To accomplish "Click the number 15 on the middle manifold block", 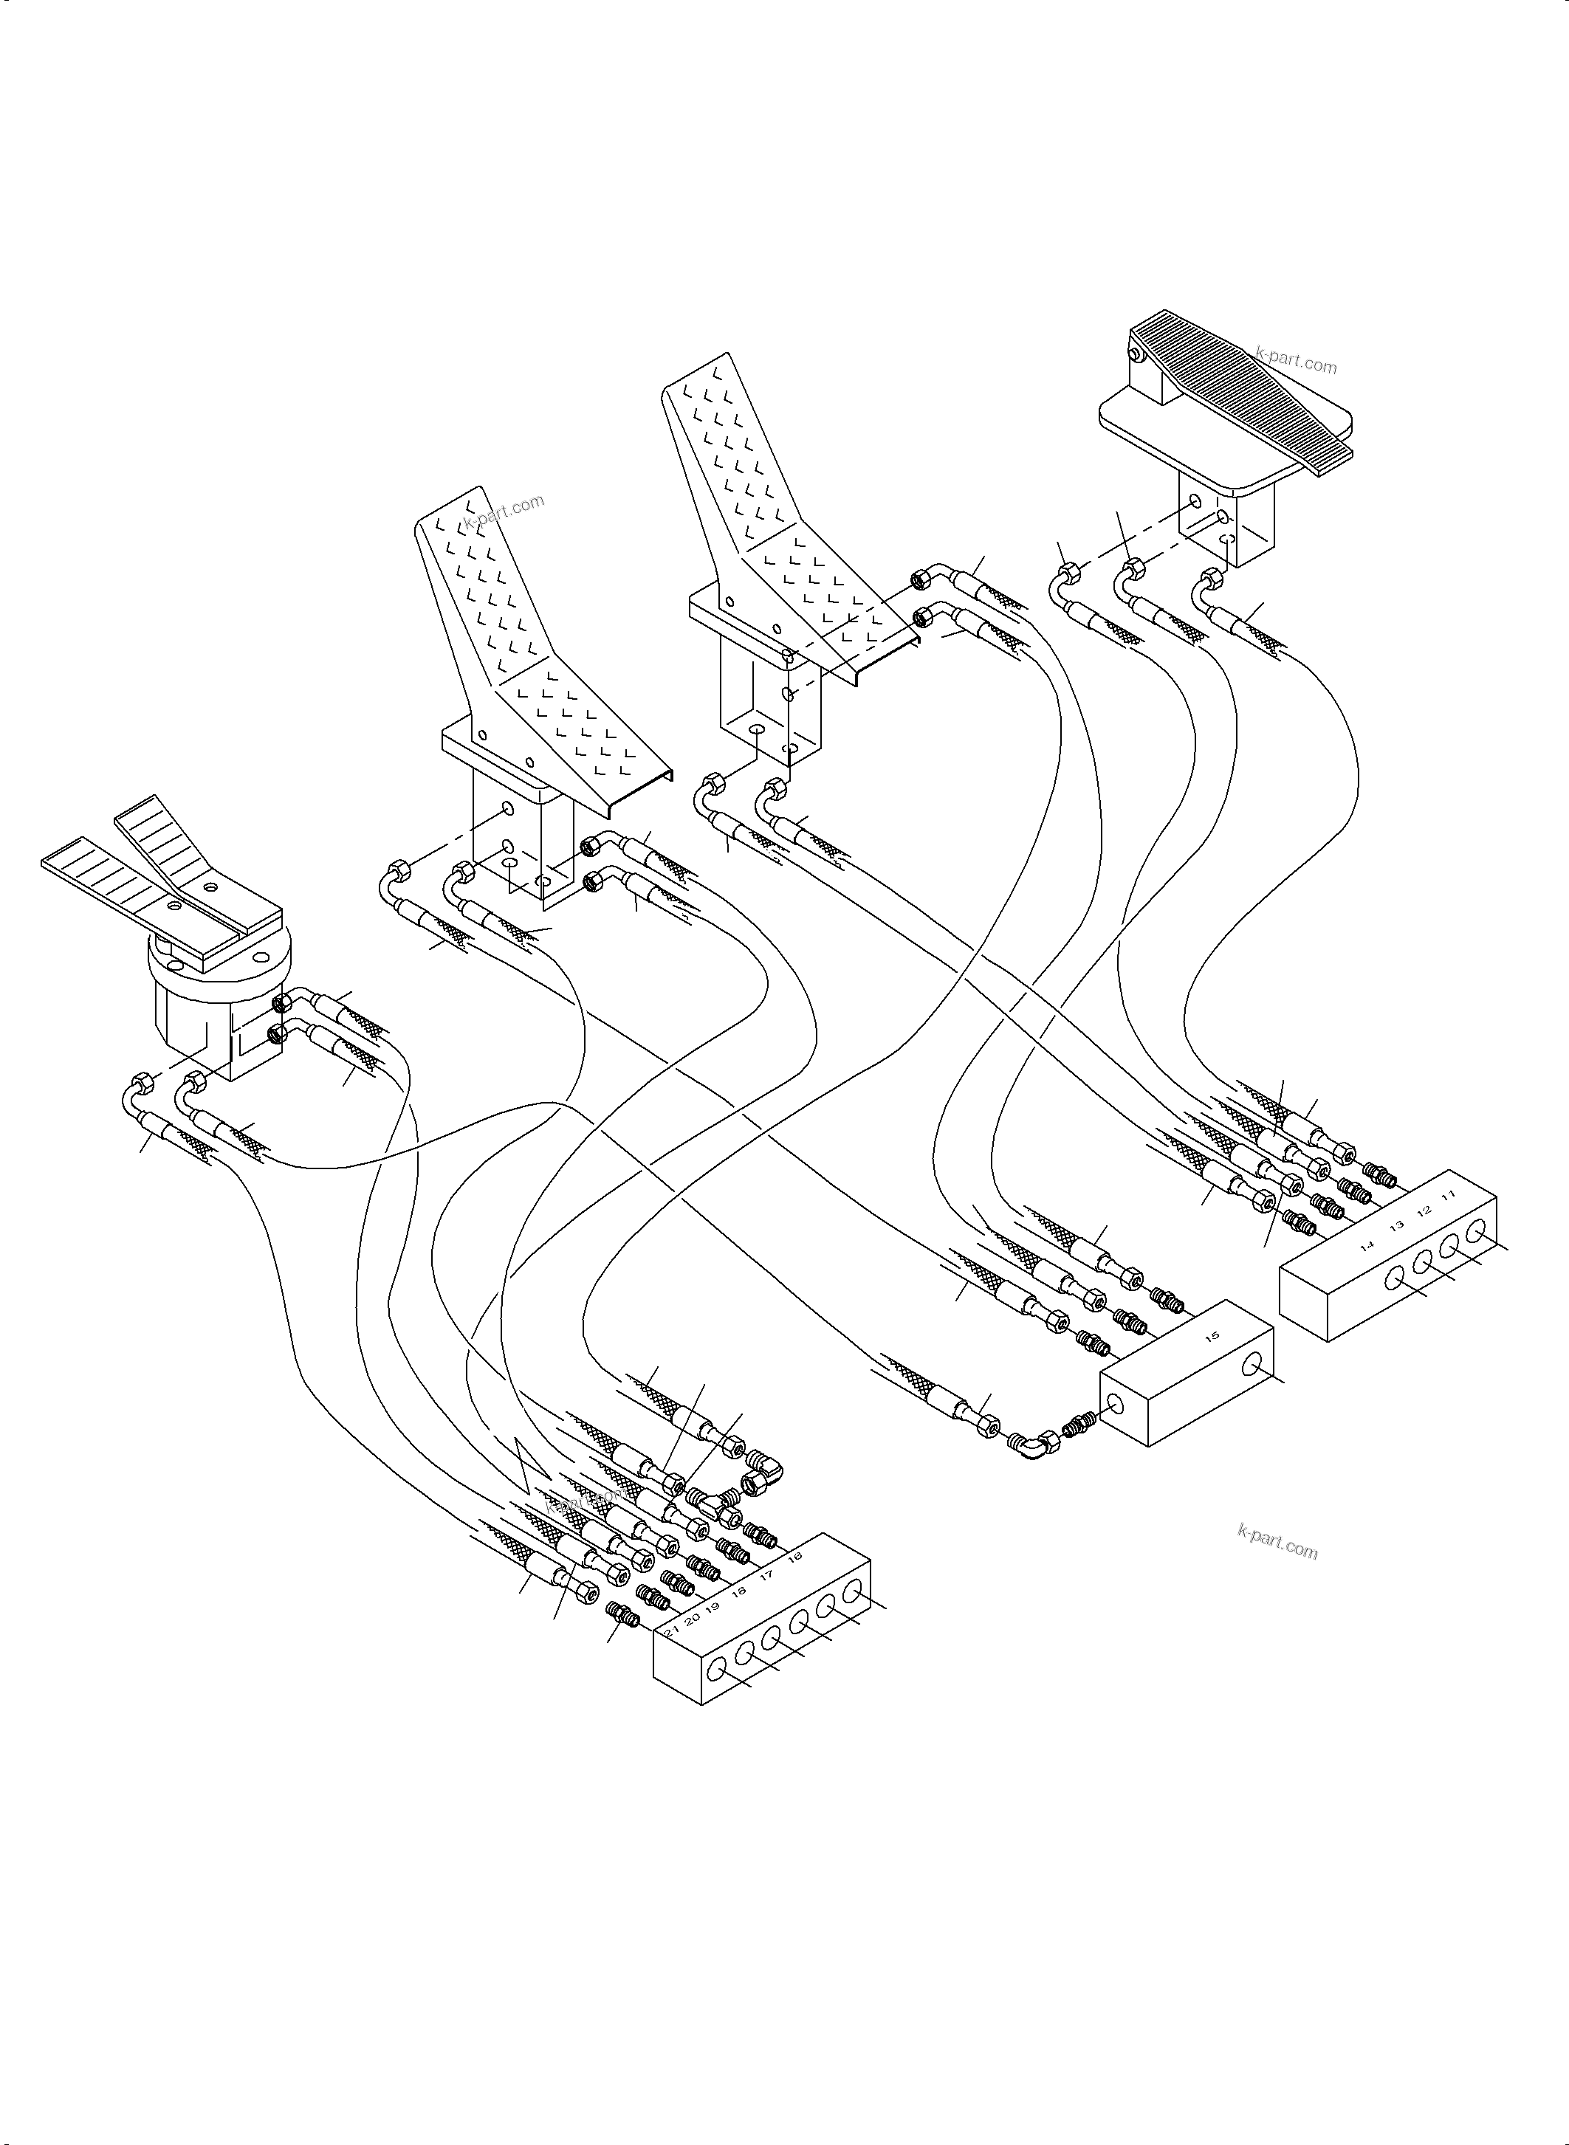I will (x=1211, y=1337).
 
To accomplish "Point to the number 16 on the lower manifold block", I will (x=795, y=1555).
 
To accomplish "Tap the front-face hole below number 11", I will (x=1475, y=1233).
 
